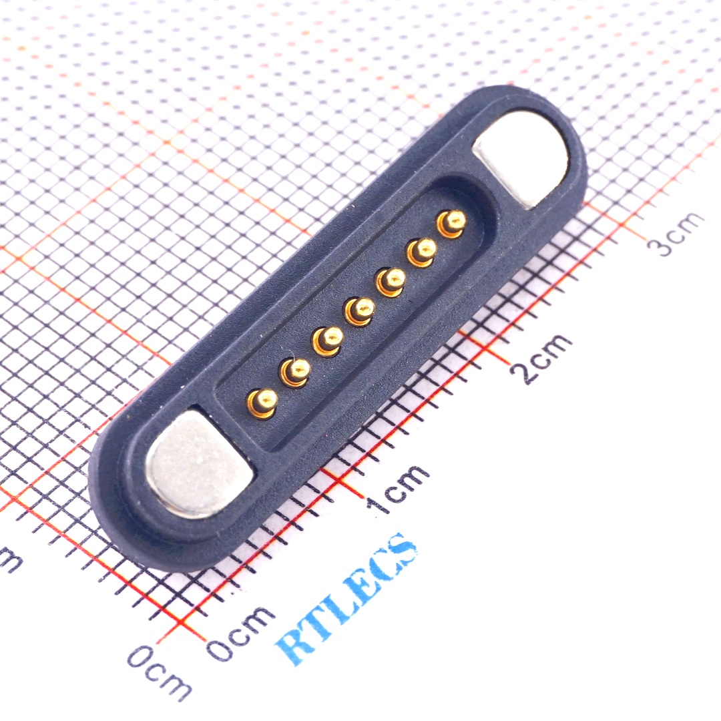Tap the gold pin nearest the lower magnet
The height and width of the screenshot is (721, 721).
[263, 401]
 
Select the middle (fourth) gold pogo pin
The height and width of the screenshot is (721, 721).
[360, 309]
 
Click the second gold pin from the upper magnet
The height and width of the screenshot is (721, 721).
[423, 250]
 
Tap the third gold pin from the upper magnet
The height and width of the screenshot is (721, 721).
[391, 280]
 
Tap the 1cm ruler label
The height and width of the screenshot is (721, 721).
[399, 489]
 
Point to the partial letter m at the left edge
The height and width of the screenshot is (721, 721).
[10, 559]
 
